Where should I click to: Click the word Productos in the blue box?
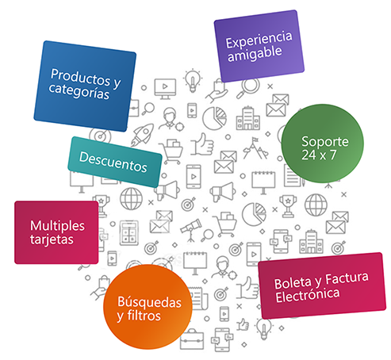coord(80,77)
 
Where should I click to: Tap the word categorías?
coord(79,91)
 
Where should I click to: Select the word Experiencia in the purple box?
coord(259,40)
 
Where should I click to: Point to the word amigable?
coord(255,54)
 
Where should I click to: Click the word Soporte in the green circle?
coord(325,142)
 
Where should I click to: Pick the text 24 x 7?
coord(319,155)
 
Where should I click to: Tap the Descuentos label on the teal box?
coord(113,162)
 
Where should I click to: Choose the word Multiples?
coord(57,226)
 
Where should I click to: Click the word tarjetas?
coord(52,239)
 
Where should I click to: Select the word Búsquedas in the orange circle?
coord(149,302)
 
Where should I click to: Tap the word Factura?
coord(347,278)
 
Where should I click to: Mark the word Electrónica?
coord(308,296)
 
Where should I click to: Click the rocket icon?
coord(143,134)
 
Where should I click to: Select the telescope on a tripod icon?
coord(191,230)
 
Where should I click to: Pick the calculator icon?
coord(129,233)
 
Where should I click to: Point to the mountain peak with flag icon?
coord(255,148)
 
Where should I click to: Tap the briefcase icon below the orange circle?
coord(192,339)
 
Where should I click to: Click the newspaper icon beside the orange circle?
coord(199,298)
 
